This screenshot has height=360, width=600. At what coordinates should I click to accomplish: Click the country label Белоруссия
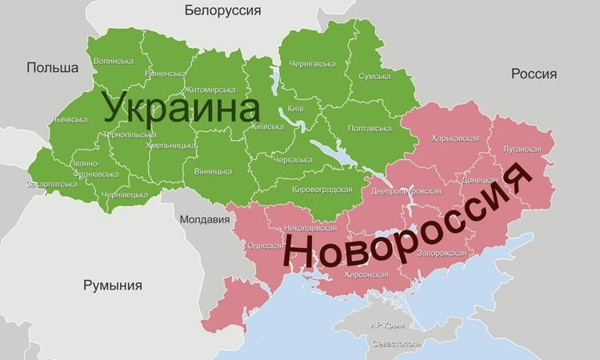(222, 10)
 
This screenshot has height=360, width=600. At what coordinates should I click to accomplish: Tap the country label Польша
(52, 68)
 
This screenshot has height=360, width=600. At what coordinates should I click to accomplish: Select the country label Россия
(534, 74)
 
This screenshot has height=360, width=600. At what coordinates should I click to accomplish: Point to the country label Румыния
(113, 286)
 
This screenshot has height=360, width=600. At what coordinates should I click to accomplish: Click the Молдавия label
(199, 219)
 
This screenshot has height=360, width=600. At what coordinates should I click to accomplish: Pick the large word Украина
(182, 110)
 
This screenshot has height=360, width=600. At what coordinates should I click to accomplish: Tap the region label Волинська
(114, 61)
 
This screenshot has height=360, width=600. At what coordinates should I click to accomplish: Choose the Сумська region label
(374, 76)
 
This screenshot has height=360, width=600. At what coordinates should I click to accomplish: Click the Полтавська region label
(370, 128)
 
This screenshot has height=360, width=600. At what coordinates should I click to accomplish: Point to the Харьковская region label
(454, 138)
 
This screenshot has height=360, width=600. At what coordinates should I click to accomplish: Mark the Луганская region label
(521, 150)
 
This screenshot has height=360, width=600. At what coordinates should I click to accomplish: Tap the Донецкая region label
(480, 180)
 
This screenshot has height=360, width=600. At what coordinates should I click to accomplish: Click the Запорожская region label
(439, 253)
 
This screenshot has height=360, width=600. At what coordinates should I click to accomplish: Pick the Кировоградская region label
(322, 190)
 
